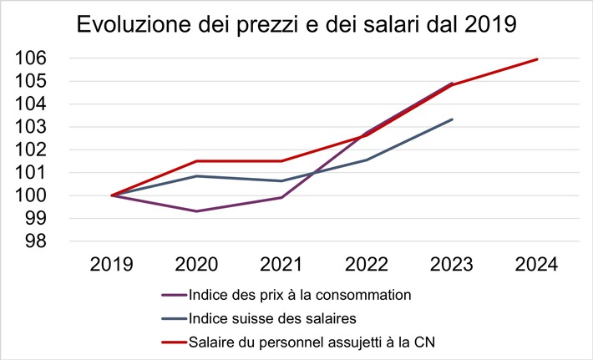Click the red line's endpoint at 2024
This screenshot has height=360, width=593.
pyautogui.click(x=537, y=59)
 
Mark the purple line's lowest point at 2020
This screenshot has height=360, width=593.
pyautogui.click(x=196, y=211)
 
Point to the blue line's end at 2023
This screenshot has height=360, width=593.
pyautogui.click(x=452, y=119)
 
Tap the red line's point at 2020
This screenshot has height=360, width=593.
pyautogui.click(x=196, y=161)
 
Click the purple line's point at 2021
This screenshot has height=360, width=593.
pyautogui.click(x=281, y=198)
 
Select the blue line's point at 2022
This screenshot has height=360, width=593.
pyautogui.click(x=367, y=160)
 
